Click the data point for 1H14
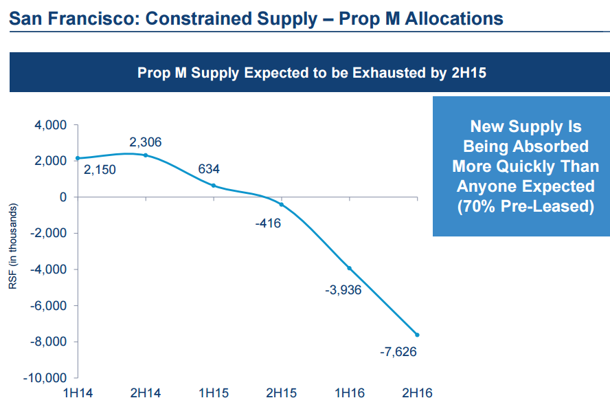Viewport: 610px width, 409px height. coord(78,158)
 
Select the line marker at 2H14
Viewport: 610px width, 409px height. coord(146,155)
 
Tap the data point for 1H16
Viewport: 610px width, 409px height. coord(350,268)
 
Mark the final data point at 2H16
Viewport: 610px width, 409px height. coord(417,335)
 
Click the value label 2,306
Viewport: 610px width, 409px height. coord(145,142)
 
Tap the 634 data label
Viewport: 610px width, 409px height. coord(209,168)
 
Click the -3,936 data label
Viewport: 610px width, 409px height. coord(343,289)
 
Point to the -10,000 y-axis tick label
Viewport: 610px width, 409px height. coord(45,378)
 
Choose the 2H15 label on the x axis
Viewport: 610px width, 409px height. coord(281,394)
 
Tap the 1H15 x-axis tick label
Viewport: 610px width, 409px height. coord(213,394)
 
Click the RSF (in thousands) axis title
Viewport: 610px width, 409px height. coord(13,246)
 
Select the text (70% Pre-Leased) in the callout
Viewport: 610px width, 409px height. coord(526,207)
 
